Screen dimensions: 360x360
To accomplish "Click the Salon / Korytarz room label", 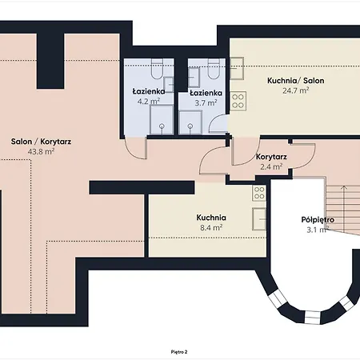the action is click(41, 142).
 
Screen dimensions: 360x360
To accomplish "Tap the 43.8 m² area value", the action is click(41, 151).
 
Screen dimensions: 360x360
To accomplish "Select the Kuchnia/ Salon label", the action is click(296, 81).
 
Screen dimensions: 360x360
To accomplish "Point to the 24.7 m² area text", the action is click(296, 90).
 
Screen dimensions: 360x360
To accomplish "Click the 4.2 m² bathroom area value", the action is click(149, 102).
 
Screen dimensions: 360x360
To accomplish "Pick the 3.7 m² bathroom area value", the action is click(206, 102).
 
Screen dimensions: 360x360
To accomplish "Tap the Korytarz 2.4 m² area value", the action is click(271, 166).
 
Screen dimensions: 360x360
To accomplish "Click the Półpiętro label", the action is click(318, 220).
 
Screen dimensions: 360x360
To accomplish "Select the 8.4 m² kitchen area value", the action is click(211, 228).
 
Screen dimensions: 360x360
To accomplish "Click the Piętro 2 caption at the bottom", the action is click(179, 352).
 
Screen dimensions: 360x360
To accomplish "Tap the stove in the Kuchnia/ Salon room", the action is click(238, 101).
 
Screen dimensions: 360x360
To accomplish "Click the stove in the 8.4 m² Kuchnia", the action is click(259, 193).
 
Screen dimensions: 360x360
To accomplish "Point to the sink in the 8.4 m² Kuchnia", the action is click(259, 219).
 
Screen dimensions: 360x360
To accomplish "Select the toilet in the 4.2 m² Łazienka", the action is click(157, 69).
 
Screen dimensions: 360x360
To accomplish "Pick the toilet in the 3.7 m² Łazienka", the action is click(214, 69).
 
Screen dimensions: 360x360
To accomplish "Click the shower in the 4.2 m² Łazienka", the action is click(162, 120).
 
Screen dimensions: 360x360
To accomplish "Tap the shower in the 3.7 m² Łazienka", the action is click(190, 122).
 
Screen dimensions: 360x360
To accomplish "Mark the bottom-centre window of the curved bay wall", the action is click(312, 317).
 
